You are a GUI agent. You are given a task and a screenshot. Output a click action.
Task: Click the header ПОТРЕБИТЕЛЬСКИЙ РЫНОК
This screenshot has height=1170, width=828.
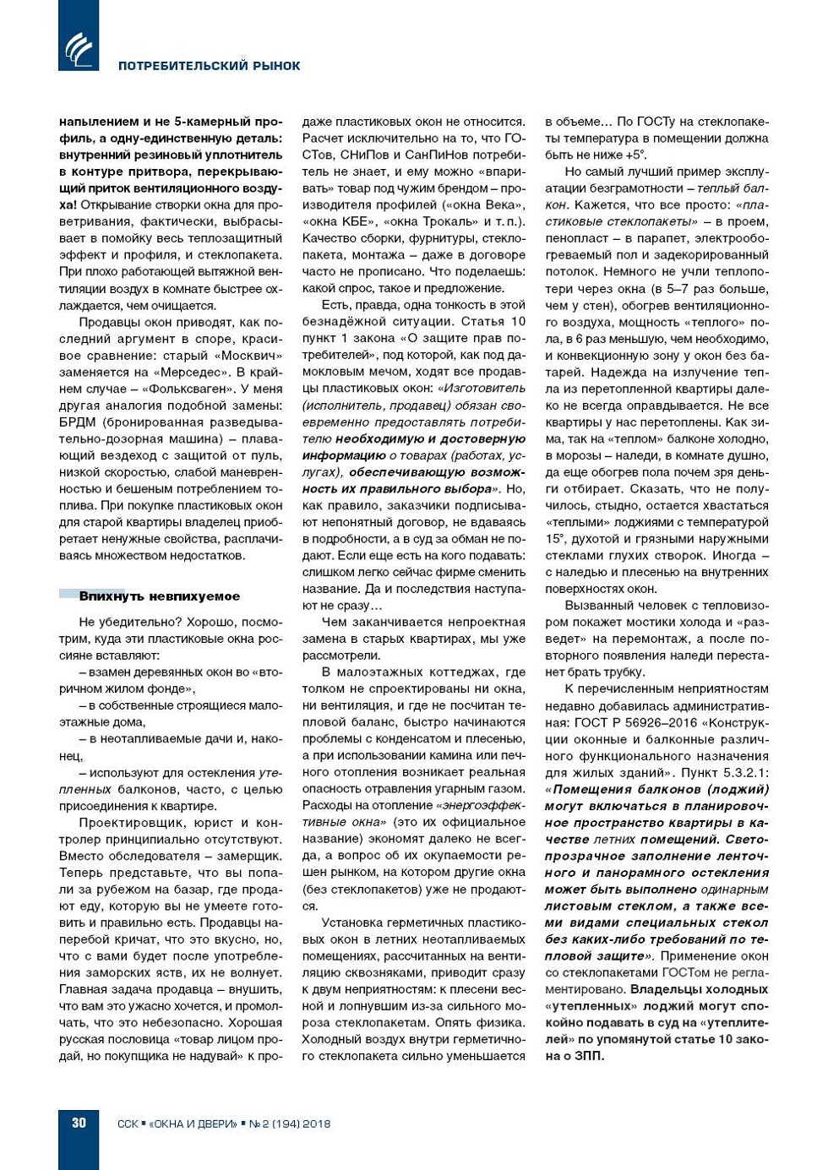(x=209, y=66)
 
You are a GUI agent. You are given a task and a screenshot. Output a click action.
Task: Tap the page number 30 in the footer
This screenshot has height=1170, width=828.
(x=79, y=1123)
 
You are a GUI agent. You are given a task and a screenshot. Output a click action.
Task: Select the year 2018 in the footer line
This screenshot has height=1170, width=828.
(x=316, y=1124)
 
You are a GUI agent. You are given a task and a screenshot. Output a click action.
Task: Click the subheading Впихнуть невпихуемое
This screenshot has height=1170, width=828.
(x=159, y=596)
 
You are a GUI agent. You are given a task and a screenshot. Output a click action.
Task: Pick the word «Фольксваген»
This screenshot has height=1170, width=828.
(x=191, y=389)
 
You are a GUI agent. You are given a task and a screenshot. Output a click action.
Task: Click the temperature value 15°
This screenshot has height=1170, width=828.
(x=555, y=539)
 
